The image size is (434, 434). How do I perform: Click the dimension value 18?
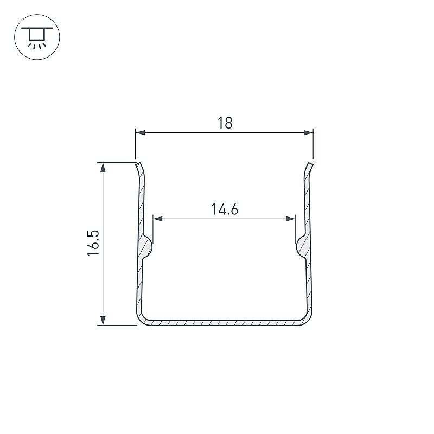225,123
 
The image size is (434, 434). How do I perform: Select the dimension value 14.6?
225,209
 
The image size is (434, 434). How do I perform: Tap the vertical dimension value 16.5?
93,243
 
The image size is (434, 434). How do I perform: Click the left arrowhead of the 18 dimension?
141,132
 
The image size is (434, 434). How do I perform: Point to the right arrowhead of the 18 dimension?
308,132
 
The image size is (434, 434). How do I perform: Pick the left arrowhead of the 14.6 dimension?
158,219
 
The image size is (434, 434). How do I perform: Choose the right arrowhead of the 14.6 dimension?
291,219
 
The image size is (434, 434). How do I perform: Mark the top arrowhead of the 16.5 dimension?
103,168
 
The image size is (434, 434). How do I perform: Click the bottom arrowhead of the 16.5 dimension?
103,320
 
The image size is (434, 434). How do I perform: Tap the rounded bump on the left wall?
146,246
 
